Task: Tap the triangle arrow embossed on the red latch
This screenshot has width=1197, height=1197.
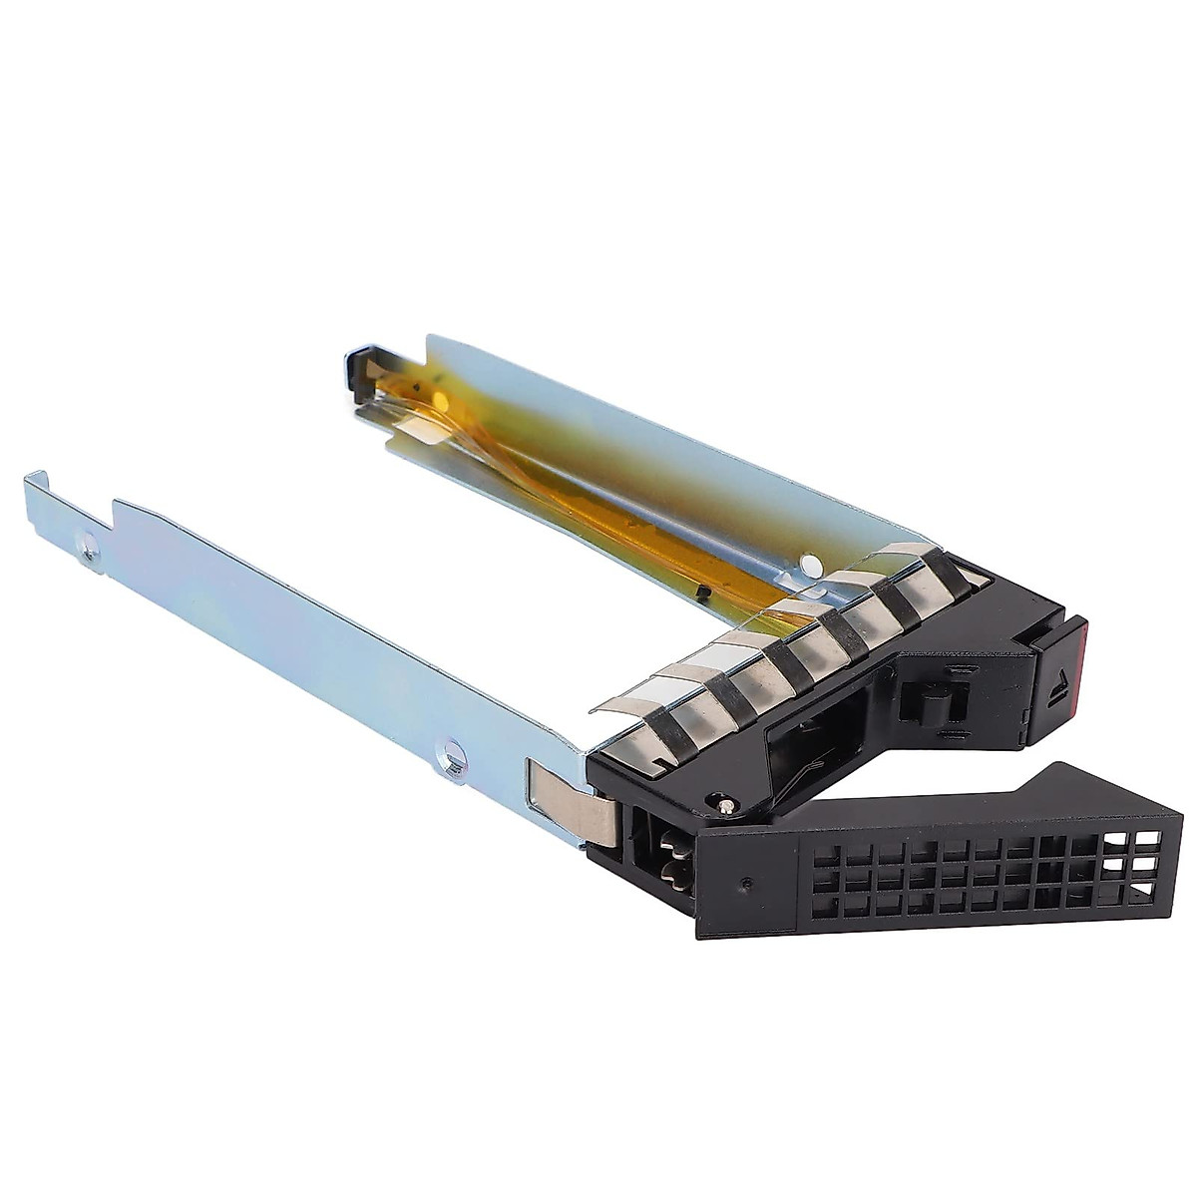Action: (1058, 688)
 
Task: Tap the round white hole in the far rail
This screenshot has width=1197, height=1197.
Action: (811, 567)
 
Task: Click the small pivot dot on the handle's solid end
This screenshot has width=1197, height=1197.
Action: (747, 883)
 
